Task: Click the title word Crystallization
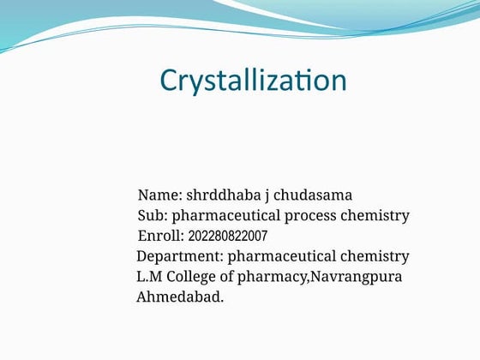253,81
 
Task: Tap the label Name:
159,195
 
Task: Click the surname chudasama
313,195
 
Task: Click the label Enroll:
160,236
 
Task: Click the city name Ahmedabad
180,297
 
